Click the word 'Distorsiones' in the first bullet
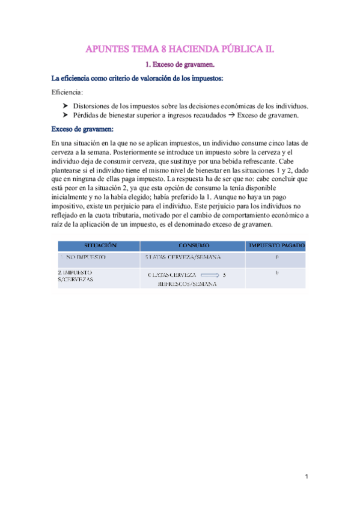[93, 106]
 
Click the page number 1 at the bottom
[306, 477]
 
